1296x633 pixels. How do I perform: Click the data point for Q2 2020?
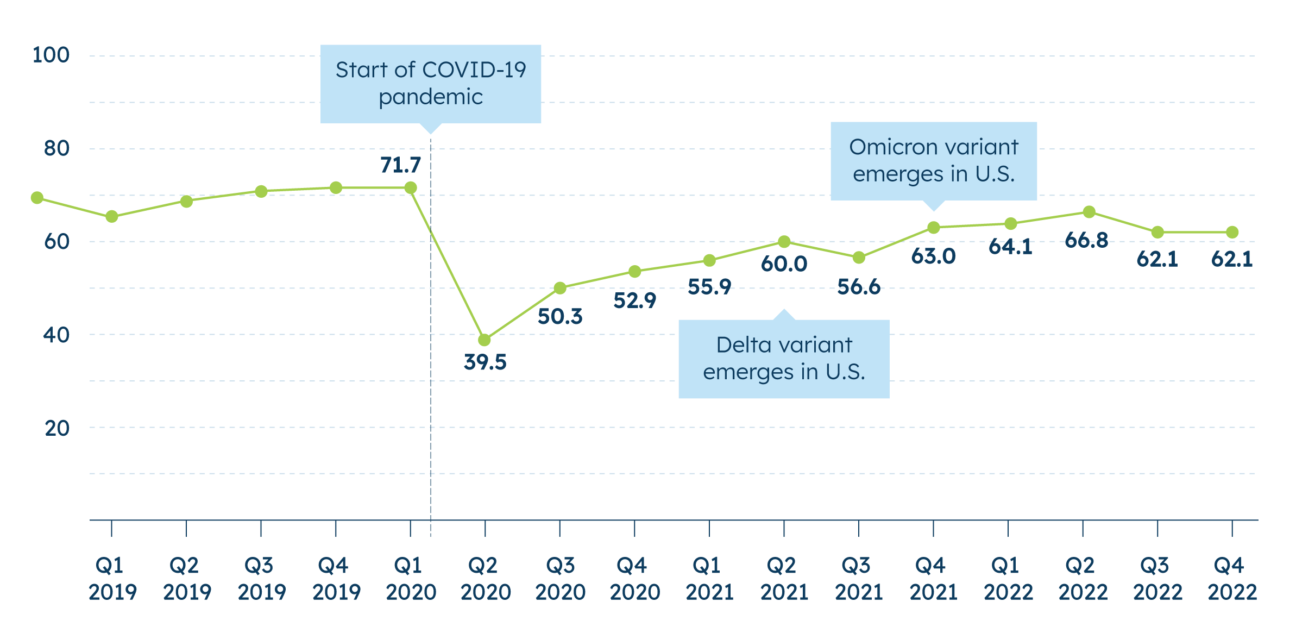[x=485, y=340]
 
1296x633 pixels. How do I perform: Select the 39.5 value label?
[x=485, y=362]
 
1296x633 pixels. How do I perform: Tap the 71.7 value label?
[x=401, y=165]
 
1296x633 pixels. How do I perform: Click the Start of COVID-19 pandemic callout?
[x=431, y=84]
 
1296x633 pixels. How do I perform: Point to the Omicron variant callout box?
[x=933, y=161]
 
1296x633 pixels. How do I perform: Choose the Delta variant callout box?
[x=784, y=359]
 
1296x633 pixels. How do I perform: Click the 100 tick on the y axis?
[x=51, y=55]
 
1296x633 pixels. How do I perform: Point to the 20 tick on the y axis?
[x=57, y=428]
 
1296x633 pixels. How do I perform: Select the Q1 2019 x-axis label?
[x=112, y=579]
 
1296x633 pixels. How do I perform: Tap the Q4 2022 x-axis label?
[x=1232, y=579]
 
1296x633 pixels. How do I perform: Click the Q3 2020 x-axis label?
[x=560, y=579]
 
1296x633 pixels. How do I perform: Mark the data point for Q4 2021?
[x=933, y=228]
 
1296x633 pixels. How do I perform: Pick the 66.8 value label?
[x=1086, y=240]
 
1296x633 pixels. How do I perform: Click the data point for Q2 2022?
[x=1089, y=212]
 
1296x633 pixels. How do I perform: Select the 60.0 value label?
[x=784, y=264]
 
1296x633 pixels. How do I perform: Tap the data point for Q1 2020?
[x=411, y=188]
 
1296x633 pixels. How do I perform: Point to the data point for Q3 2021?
[x=859, y=258]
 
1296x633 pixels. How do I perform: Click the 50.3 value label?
[x=560, y=317]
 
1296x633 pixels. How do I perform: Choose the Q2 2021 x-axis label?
[x=784, y=579]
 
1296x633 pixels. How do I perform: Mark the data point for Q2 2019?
[x=186, y=202]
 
